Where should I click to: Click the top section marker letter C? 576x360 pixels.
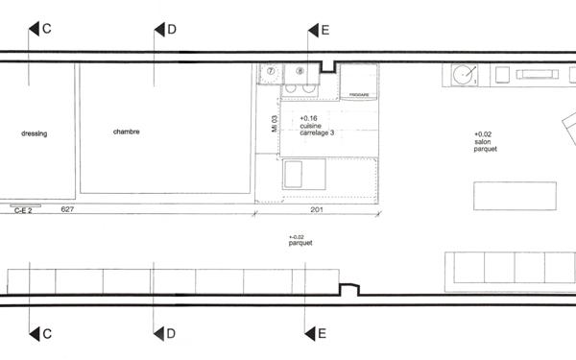[46, 30]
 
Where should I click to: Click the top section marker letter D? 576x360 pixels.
[171, 30]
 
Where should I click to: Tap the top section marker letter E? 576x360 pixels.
[324, 31]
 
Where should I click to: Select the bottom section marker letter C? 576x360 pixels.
[46, 334]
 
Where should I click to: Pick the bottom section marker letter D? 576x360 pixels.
[171, 334]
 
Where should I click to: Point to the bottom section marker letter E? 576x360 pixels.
[323, 334]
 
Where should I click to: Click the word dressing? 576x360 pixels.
[34, 133]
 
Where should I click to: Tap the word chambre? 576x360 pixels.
[126, 132]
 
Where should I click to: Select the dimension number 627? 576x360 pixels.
[67, 208]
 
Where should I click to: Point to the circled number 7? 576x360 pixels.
[271, 71]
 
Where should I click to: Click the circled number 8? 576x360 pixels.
[300, 71]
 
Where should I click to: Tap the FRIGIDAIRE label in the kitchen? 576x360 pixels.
[359, 95]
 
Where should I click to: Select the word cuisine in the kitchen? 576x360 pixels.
[312, 125]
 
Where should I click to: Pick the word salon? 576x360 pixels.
[483, 142]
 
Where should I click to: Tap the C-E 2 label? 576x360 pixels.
[24, 209]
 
